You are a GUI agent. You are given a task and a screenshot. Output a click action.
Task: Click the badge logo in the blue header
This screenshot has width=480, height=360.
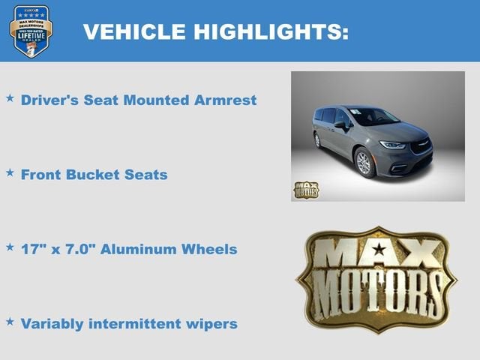(31, 30)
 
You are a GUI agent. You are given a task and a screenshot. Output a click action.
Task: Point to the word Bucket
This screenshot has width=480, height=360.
(96, 175)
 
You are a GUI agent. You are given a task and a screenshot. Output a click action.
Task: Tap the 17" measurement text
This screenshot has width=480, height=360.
(31, 249)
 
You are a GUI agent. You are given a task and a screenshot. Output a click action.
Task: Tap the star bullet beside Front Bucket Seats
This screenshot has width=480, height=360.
(10, 173)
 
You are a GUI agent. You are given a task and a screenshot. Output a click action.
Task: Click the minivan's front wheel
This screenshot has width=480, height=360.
(364, 163)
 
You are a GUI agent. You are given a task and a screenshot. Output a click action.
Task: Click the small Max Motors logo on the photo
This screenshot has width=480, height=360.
(306, 189)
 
